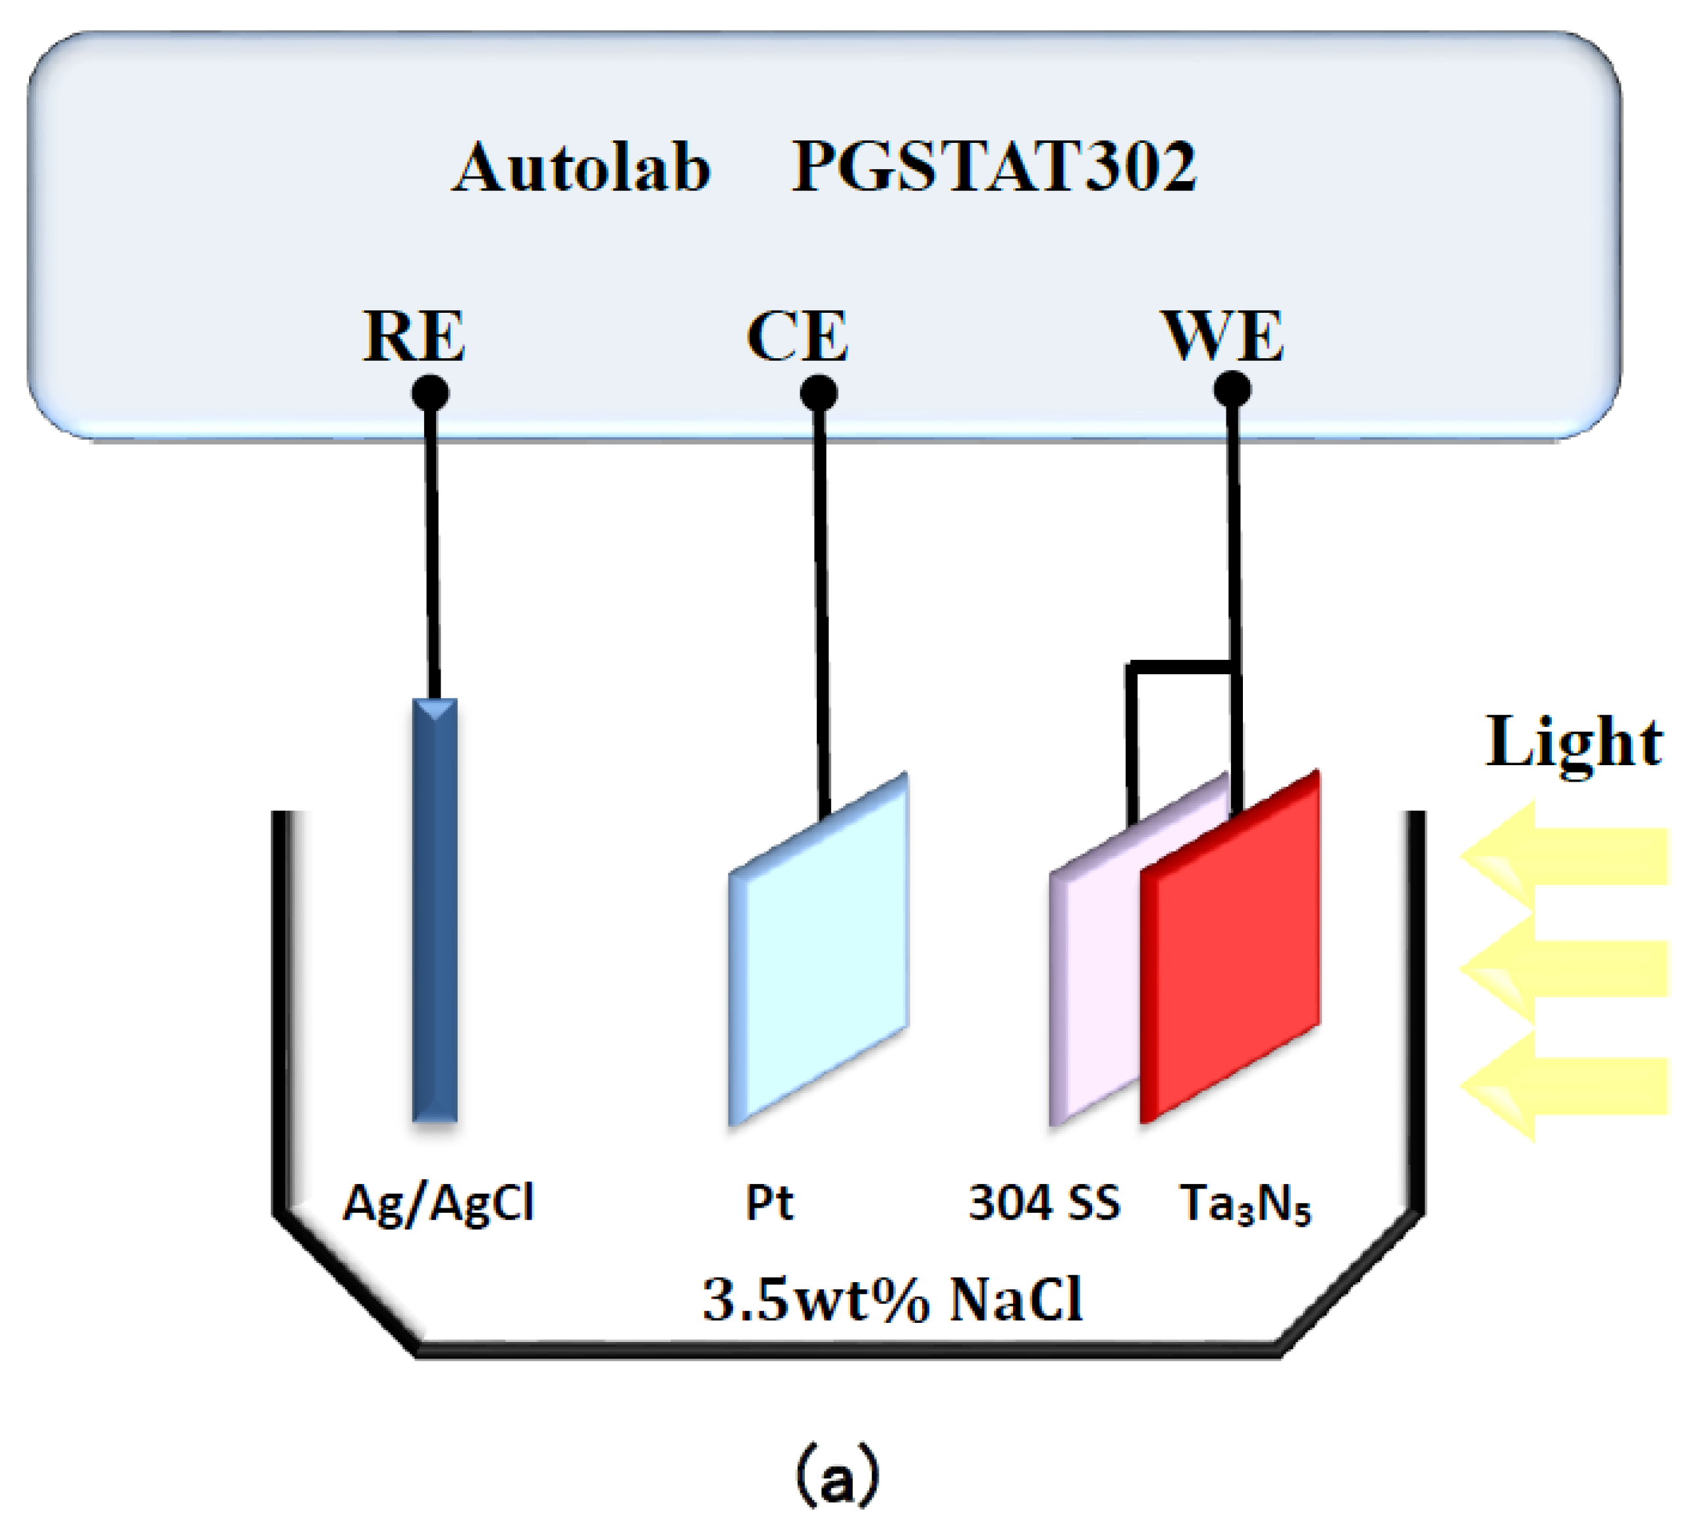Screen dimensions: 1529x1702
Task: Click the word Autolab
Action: (581, 167)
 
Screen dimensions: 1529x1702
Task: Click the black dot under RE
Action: (429, 392)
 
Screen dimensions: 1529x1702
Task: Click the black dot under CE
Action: (819, 392)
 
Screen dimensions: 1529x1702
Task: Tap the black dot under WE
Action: (1232, 389)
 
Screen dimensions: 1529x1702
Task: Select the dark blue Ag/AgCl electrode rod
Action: (435, 911)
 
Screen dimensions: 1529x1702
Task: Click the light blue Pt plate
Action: (819, 950)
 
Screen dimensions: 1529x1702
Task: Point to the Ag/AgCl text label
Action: (438, 1204)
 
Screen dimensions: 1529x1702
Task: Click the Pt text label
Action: (769, 1202)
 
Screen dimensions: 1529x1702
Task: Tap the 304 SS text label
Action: (1044, 1202)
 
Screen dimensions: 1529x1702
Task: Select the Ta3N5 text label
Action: (1245, 1204)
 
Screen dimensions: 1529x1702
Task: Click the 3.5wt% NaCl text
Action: (892, 1300)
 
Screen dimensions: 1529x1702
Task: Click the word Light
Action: (1574, 743)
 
